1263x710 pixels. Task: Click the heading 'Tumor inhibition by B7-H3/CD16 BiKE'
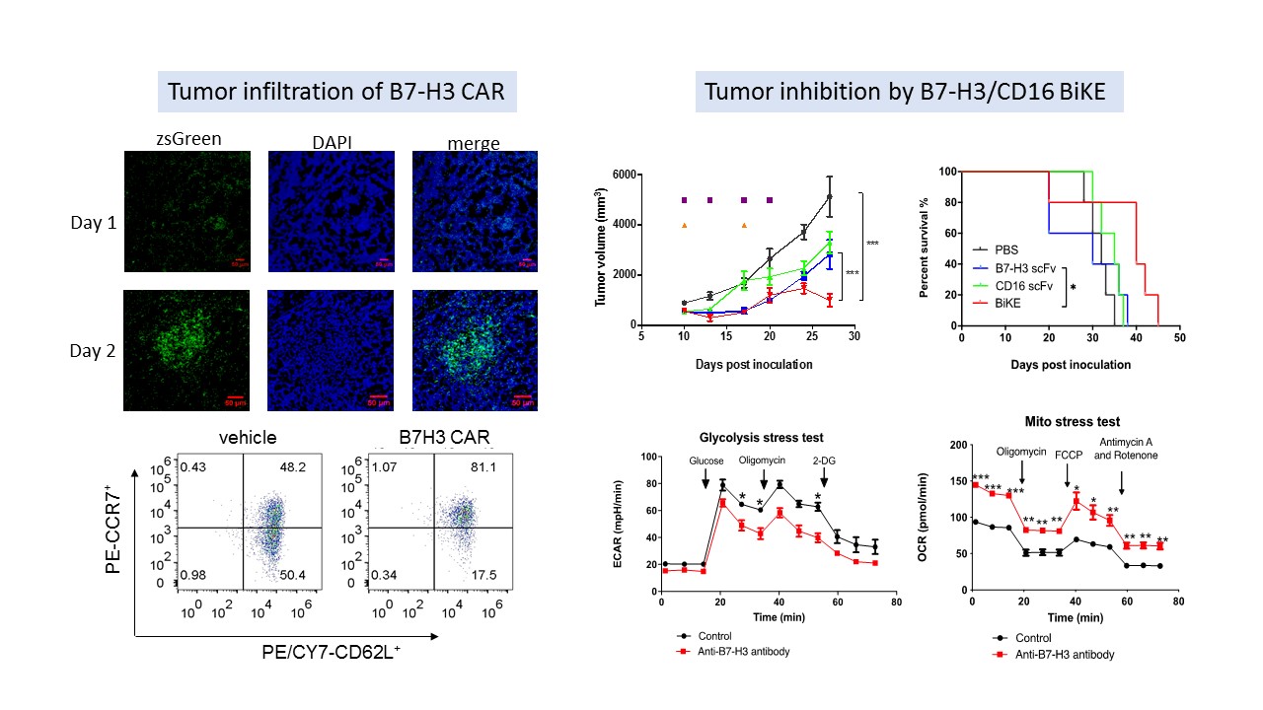coord(913,93)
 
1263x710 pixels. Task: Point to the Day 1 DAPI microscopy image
coord(331,211)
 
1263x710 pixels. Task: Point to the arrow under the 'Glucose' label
coord(705,477)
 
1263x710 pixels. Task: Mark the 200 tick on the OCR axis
coord(956,445)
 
